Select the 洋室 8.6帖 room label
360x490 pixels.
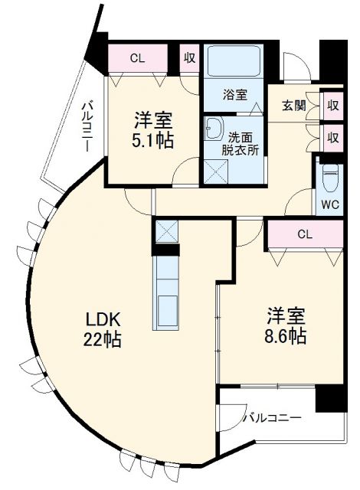286,325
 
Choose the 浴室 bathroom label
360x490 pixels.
235,95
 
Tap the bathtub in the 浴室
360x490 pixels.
235,62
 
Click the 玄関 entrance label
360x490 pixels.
293,104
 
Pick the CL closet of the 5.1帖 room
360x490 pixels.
137,57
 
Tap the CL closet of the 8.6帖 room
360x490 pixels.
304,234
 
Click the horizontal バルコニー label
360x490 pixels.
273,418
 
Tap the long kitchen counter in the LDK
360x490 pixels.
166,293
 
